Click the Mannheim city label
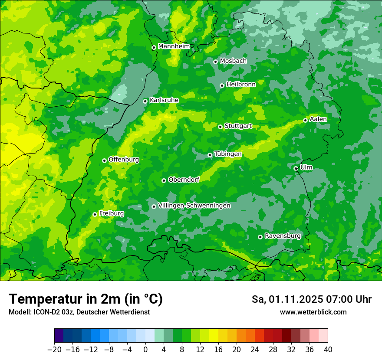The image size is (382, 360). [174, 46]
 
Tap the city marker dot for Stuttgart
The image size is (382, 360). [221, 127]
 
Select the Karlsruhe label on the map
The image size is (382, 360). [164, 100]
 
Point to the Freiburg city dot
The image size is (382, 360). [95, 214]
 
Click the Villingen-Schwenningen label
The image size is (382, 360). [194, 206]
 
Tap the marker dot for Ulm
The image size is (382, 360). [296, 168]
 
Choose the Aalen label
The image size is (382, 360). [318, 119]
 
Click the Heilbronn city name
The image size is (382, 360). [241, 85]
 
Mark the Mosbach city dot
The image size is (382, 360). [215, 62]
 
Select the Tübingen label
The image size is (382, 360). [228, 154]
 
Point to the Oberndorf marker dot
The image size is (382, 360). [164, 180]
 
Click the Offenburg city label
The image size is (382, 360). [124, 160]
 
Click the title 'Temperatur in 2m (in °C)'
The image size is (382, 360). [86, 299]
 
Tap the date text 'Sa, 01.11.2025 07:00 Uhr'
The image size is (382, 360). [311, 299]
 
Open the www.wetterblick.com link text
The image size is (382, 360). [313, 312]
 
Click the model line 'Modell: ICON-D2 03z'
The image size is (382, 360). [79, 312]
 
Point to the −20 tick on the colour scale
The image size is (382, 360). [55, 350]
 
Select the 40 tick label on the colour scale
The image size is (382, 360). [328, 350]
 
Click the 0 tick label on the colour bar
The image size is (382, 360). [145, 350]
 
